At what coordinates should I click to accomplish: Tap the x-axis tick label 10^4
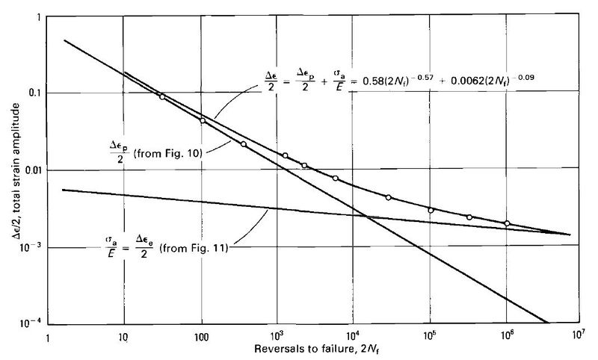click(353, 337)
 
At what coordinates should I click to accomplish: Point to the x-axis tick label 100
click(200, 338)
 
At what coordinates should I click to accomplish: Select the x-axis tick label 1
click(49, 338)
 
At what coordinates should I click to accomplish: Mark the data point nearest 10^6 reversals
click(507, 223)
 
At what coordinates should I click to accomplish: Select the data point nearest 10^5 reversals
click(431, 210)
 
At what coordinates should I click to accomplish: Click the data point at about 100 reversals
click(203, 120)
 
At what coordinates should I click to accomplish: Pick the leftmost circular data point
click(162, 96)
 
